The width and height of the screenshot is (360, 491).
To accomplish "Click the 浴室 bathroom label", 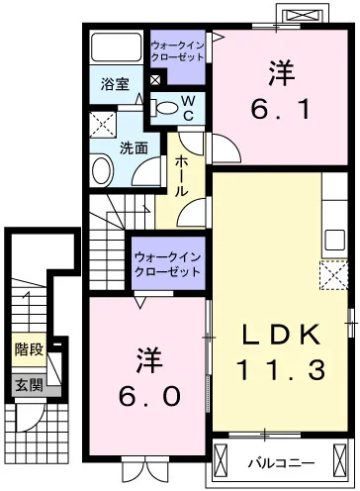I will [x=115, y=85].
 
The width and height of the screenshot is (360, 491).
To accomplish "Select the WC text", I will [x=186, y=107].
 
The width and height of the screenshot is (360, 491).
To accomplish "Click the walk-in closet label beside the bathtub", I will [x=178, y=51].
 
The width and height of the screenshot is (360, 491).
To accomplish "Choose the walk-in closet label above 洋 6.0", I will [x=168, y=262].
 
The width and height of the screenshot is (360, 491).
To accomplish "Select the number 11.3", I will [x=280, y=372].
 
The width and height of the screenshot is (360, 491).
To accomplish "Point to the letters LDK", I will [x=280, y=335].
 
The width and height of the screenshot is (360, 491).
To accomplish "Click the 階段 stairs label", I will [x=28, y=348].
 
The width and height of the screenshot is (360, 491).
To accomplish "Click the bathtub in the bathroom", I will [x=117, y=49].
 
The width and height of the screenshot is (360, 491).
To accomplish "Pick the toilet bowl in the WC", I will [x=165, y=107].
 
